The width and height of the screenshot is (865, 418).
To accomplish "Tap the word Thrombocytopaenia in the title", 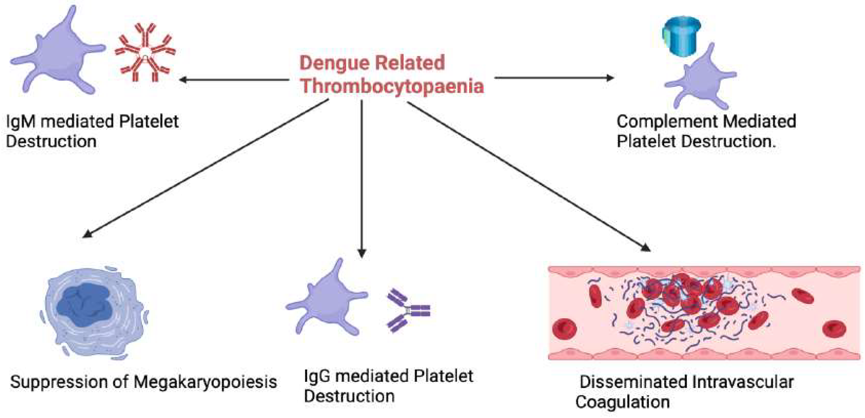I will click(392, 86).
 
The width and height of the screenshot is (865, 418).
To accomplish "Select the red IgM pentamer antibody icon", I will click(145, 53).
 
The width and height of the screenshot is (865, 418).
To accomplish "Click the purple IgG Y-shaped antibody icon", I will click(407, 310).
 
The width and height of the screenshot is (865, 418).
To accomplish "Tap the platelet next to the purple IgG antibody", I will click(327, 300).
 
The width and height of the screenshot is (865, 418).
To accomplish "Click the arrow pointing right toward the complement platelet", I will click(554, 78).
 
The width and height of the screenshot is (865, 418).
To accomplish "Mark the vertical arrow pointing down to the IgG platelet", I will click(362, 178).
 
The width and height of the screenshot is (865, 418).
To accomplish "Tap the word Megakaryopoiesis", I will click(205, 382).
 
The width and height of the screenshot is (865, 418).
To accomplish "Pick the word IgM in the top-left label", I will click(20, 122).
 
